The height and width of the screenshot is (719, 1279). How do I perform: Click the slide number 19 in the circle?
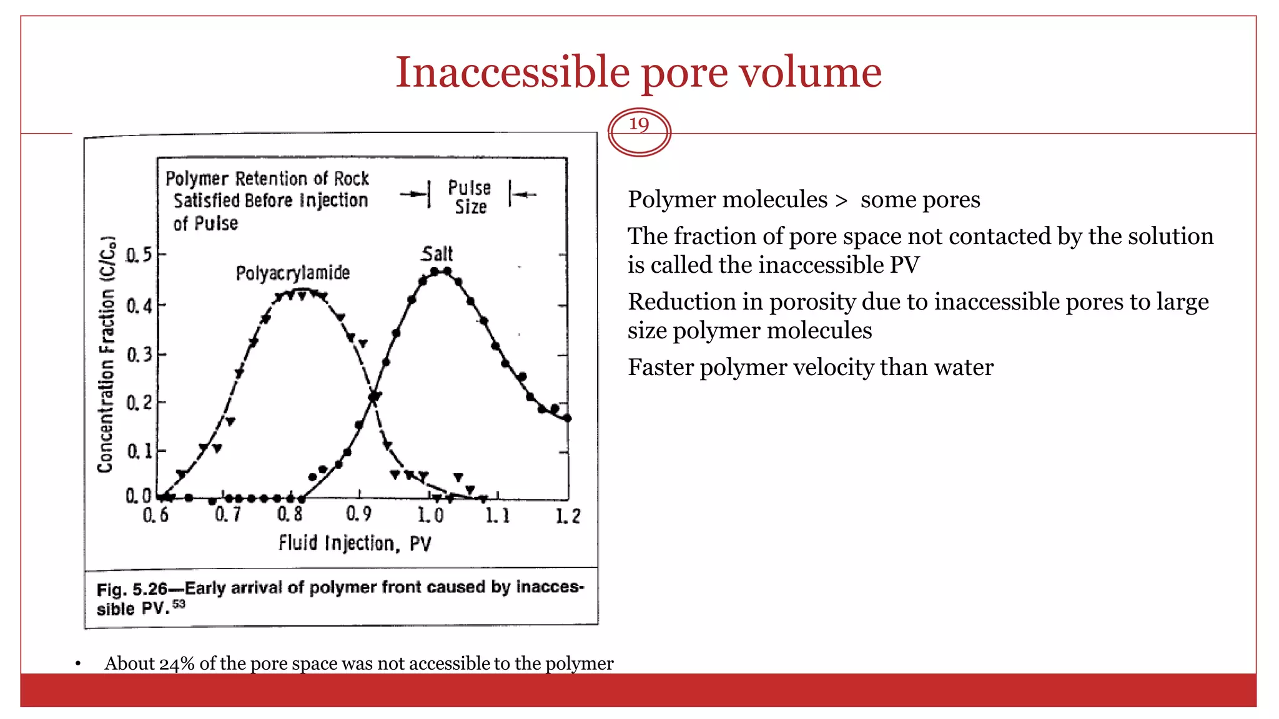(x=638, y=124)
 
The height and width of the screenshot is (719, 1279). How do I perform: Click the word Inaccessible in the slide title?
(x=512, y=72)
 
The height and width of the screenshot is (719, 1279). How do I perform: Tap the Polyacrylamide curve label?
(x=292, y=273)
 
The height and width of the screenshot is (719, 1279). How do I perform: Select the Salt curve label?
(x=437, y=254)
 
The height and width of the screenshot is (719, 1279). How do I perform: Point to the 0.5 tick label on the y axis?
(x=139, y=255)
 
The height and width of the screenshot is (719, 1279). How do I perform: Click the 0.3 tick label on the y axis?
(x=139, y=355)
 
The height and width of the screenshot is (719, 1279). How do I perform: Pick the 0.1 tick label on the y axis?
(x=139, y=451)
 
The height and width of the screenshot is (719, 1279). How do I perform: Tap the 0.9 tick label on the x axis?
(x=358, y=514)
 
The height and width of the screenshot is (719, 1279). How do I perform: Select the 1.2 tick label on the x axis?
(x=568, y=516)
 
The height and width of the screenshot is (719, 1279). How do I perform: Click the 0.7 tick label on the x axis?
(x=228, y=514)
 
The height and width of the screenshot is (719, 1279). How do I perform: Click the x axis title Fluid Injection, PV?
(x=355, y=543)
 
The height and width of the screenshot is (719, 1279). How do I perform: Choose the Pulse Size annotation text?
(x=470, y=197)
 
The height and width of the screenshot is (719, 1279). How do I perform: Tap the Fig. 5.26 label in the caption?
(x=132, y=589)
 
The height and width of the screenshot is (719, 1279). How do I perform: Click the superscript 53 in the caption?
(x=179, y=604)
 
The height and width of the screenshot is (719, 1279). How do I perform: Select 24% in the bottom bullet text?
(x=177, y=663)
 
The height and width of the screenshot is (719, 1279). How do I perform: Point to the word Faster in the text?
(x=660, y=368)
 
